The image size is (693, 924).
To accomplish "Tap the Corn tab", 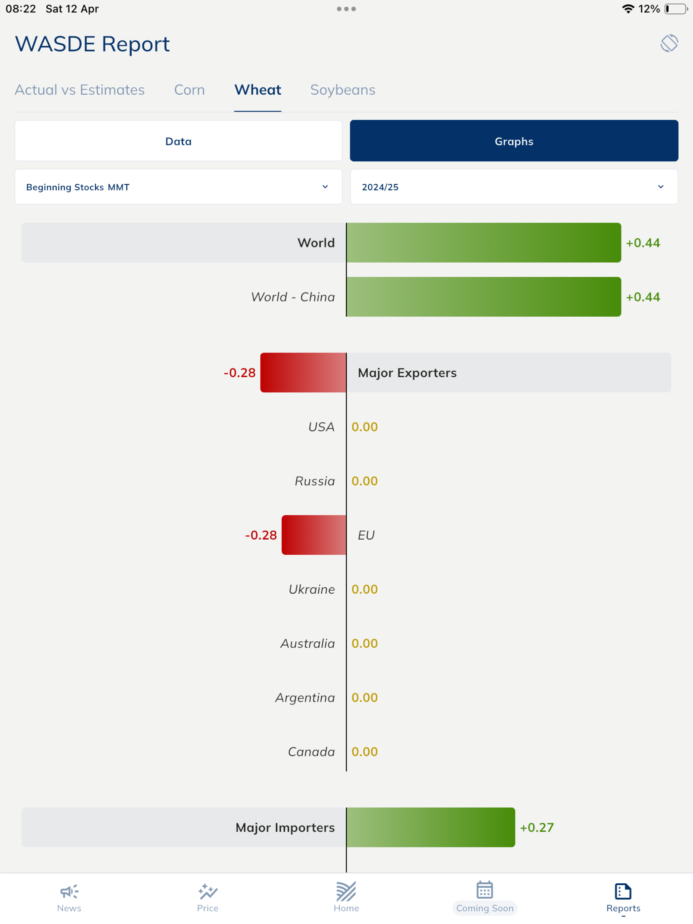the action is (x=189, y=90).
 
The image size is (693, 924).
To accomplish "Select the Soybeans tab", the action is (x=342, y=90).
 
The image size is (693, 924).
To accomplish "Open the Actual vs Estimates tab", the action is (x=80, y=90).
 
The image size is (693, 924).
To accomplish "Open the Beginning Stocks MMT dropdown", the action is (x=178, y=187).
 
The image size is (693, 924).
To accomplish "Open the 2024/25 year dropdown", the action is (x=514, y=187).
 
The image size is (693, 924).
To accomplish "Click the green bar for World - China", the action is (x=484, y=296).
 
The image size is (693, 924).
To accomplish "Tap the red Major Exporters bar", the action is (x=303, y=372).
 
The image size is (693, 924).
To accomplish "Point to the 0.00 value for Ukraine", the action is (x=365, y=589).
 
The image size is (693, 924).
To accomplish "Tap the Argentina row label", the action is (x=305, y=698).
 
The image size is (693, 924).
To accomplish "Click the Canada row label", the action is (x=311, y=751).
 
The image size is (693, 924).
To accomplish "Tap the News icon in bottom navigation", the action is (x=70, y=891).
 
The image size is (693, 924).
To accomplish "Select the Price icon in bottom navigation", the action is (x=207, y=891).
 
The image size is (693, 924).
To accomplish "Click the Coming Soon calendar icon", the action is (x=484, y=890).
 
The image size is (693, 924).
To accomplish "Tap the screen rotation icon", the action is (x=669, y=43).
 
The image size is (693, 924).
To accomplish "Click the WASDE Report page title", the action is (x=92, y=44).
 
